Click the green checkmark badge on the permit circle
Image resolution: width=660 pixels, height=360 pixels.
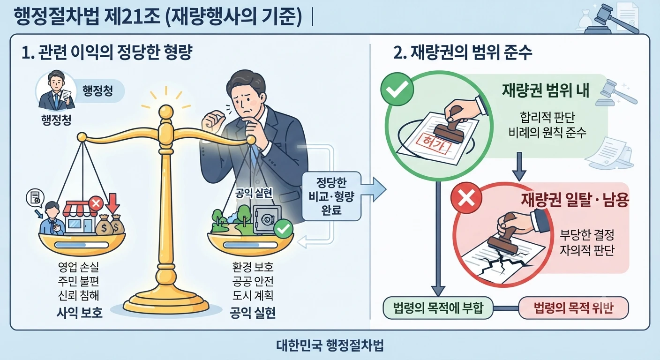[x=397, y=89]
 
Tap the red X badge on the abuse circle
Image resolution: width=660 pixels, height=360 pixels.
[x=466, y=197]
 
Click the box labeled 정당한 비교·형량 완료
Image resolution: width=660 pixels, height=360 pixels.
[x=331, y=196]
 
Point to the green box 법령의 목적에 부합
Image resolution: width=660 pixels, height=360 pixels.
[x=438, y=308]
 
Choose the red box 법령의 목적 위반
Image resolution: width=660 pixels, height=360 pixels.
[x=573, y=308]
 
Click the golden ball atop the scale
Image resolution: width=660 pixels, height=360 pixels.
[x=166, y=112]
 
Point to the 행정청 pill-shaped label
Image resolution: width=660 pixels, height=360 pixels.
[x=98, y=91]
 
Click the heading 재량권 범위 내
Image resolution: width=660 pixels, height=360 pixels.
[x=545, y=91]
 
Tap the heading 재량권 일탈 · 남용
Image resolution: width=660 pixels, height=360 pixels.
[x=575, y=200]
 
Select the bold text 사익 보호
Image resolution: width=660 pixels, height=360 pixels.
[x=79, y=313]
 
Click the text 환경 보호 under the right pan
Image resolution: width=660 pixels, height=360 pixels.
[x=253, y=267]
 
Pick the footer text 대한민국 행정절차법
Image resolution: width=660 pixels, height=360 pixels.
[x=330, y=345]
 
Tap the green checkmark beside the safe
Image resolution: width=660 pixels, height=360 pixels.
[x=283, y=228]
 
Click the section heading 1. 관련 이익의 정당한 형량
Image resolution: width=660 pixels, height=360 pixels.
[x=107, y=52]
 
